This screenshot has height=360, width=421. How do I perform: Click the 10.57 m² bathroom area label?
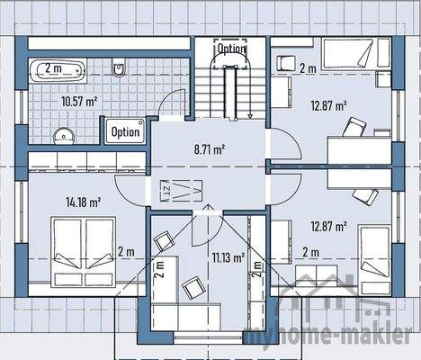point(79,102)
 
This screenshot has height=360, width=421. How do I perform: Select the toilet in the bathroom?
point(119,67)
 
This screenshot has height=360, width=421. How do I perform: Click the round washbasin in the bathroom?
point(61,136)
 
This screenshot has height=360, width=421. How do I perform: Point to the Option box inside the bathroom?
point(125,130)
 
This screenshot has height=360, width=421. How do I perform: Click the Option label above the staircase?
point(231,48)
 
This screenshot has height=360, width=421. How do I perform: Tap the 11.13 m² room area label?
point(228,257)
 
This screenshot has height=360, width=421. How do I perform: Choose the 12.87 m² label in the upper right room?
point(328,105)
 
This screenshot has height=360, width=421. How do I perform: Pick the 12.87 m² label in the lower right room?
point(328,226)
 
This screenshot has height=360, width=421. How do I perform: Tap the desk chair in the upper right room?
point(355,127)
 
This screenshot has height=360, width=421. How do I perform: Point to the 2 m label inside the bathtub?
point(54,67)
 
